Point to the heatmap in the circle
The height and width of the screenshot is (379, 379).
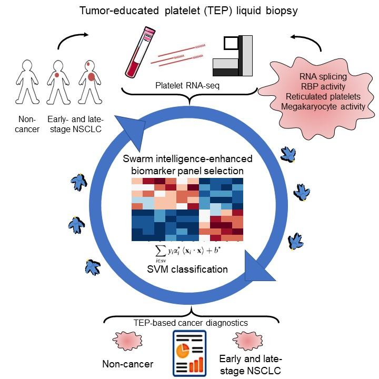click(187, 210)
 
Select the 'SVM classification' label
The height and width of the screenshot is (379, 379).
click(187, 269)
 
